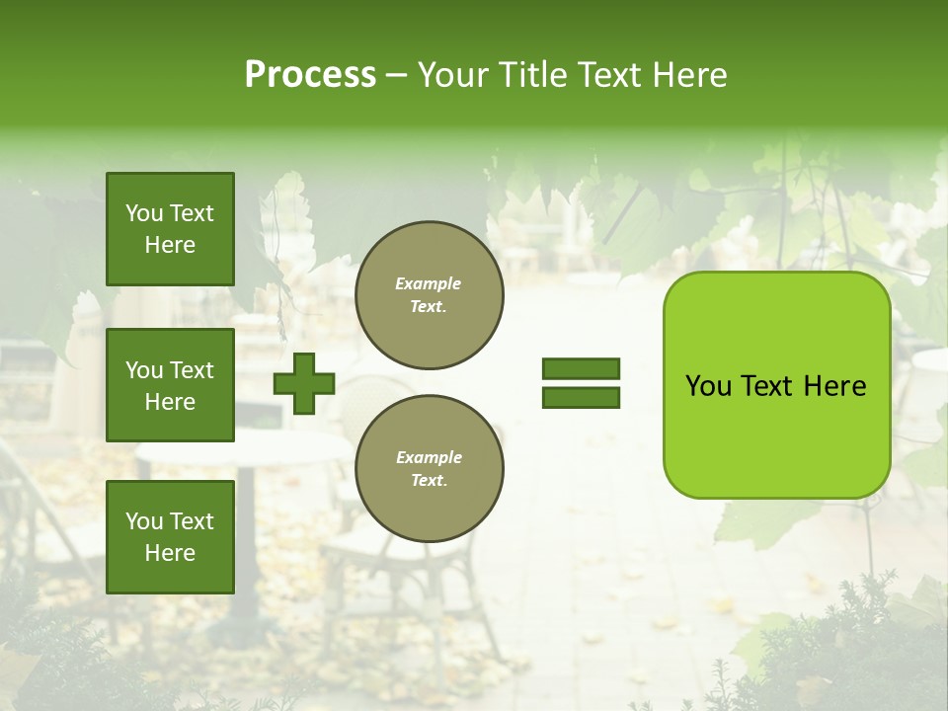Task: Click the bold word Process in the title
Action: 310,75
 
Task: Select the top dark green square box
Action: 170,229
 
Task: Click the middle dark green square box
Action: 170,385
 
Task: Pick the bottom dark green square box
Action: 170,536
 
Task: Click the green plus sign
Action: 304,383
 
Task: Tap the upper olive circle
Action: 429,295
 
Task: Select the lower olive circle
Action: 429,469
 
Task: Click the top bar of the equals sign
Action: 581,369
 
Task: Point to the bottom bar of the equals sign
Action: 581,398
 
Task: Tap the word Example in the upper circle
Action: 429,283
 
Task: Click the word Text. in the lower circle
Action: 429,481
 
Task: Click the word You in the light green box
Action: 708,386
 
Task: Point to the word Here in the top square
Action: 170,245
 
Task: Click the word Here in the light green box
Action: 834,386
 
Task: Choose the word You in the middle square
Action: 144,370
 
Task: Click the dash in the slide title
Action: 397,76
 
